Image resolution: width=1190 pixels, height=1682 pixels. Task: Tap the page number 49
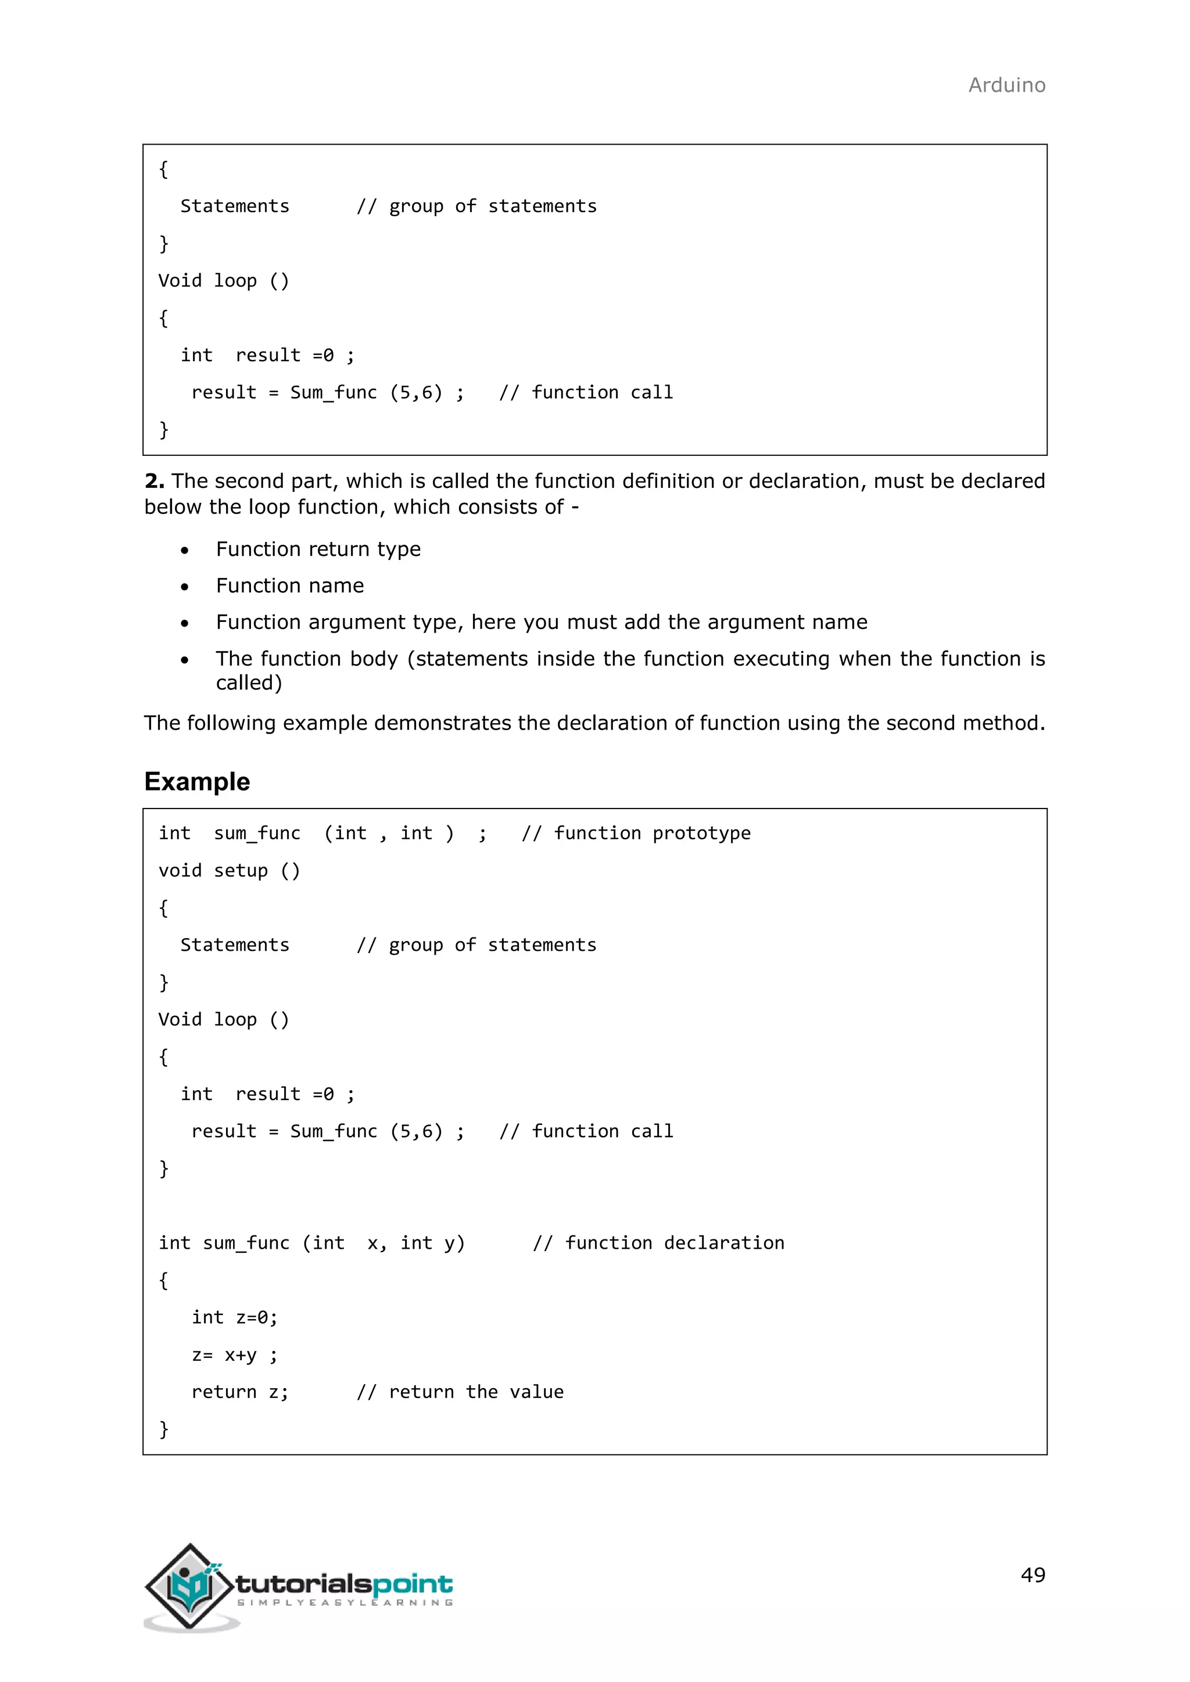tap(1033, 1575)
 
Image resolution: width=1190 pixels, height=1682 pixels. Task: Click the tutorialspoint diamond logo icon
tap(190, 1586)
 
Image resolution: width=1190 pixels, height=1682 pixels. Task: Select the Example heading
tap(197, 782)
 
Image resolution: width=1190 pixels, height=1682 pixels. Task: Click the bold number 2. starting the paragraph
tap(154, 481)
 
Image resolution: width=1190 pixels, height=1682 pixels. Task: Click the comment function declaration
tap(658, 1243)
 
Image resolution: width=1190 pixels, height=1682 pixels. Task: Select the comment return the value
tap(460, 1392)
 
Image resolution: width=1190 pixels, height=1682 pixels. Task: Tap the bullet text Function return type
tap(318, 549)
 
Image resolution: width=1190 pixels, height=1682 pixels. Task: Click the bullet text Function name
tap(289, 586)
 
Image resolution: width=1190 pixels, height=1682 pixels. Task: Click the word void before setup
tap(180, 871)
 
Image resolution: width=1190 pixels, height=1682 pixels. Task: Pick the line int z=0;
tap(235, 1317)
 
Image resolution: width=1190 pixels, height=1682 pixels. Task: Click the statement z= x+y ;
tap(235, 1355)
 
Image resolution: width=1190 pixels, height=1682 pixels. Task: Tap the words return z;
tap(239, 1392)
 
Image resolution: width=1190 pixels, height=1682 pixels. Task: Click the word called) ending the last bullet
tap(249, 683)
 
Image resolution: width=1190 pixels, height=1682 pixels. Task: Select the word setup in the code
tap(241, 871)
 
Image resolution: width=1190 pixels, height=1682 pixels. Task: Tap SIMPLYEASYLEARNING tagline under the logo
tap(345, 1603)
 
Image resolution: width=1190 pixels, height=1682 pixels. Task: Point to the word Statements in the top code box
tap(235, 207)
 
